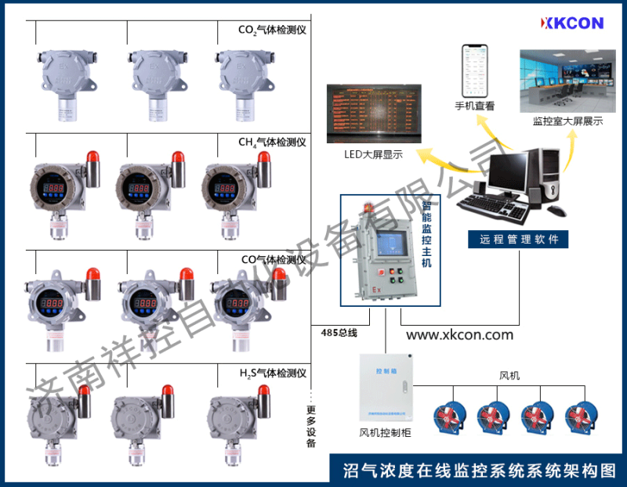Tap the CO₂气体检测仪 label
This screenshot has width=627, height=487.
pos(271,31)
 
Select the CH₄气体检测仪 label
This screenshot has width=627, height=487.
pos(271,142)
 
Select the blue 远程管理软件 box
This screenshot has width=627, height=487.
pos(518,240)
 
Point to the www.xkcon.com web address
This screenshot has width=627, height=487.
pos(459,334)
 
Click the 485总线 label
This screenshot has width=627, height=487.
pos(339,333)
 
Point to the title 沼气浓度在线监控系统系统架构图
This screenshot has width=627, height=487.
pos(480,470)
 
